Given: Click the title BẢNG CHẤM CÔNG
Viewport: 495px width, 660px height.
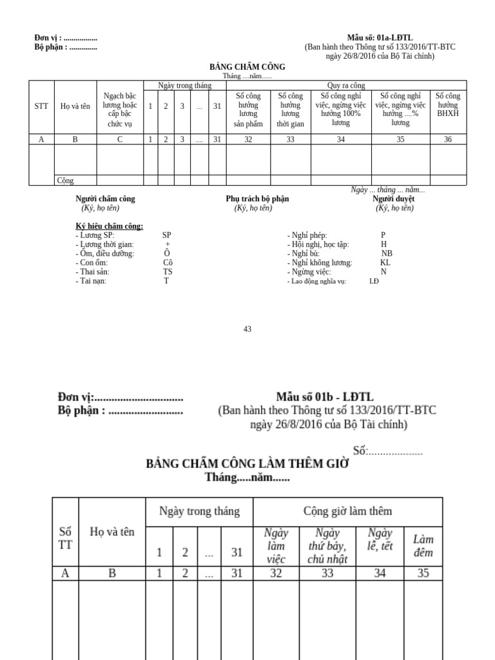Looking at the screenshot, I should (247, 67).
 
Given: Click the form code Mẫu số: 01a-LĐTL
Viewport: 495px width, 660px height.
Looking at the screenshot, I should (380, 38).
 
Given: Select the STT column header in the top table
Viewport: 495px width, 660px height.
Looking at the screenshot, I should (41, 106).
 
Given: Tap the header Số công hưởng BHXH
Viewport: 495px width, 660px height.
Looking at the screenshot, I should (447, 104).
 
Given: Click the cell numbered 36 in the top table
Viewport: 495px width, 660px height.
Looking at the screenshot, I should (447, 139).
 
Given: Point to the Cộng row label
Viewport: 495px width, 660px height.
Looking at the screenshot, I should (66, 180).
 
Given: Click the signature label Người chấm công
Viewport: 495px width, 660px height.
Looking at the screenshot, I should (105, 199).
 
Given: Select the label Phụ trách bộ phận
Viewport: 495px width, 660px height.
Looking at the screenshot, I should (257, 199).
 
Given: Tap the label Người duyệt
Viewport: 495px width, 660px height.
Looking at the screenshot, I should (393, 199).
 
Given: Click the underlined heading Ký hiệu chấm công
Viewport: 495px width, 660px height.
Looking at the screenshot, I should (110, 226).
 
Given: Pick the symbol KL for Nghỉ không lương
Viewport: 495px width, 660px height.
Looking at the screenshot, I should (385, 263).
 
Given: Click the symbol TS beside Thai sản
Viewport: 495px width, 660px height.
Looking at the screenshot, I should (168, 272).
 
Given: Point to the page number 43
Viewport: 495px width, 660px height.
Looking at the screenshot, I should (247, 329).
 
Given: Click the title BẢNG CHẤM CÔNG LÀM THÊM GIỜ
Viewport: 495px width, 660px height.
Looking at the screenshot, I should (247, 463).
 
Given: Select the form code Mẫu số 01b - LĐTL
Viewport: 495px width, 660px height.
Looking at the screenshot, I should (325, 397).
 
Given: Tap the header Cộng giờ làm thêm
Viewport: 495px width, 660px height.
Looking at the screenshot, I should (347, 512).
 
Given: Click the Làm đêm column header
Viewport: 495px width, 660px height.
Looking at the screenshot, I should (423, 546).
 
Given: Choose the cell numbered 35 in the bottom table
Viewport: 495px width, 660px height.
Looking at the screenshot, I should (423, 573).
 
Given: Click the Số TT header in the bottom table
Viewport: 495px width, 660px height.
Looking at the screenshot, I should (65, 538).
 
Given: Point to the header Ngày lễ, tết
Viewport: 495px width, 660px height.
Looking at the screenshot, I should (380, 539).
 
